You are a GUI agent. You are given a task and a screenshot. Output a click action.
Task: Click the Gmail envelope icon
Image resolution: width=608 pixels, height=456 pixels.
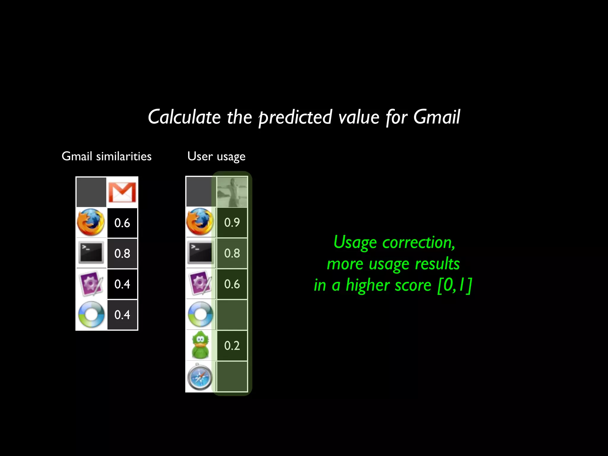122,192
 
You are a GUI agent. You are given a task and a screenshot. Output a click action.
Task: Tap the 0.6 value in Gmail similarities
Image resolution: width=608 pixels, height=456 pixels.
122,223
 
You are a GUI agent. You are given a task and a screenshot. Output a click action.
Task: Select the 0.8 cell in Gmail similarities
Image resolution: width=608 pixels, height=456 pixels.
122,254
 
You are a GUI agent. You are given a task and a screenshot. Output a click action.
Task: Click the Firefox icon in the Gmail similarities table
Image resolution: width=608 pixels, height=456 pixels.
91,223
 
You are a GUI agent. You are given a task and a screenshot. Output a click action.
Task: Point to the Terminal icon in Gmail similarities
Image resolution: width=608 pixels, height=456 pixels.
91,253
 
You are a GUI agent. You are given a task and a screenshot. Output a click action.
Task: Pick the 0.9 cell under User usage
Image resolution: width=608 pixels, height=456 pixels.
232,222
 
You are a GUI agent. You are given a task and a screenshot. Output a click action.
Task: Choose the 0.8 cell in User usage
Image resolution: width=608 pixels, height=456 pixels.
232,253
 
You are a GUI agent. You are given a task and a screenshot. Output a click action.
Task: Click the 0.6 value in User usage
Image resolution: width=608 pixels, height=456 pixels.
232,284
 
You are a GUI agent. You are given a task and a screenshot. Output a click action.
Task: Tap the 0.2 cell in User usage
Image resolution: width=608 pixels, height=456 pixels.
232,346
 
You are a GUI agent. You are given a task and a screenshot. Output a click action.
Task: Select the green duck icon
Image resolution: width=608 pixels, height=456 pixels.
200,345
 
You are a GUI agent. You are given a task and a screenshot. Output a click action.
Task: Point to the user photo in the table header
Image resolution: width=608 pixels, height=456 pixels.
232,192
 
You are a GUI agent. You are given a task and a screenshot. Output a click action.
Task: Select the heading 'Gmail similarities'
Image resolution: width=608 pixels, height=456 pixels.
107,156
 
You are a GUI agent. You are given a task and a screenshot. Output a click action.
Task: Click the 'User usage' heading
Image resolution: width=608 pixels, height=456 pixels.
216,156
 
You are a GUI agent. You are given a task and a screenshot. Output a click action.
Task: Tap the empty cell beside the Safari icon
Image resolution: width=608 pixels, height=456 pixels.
232,376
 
